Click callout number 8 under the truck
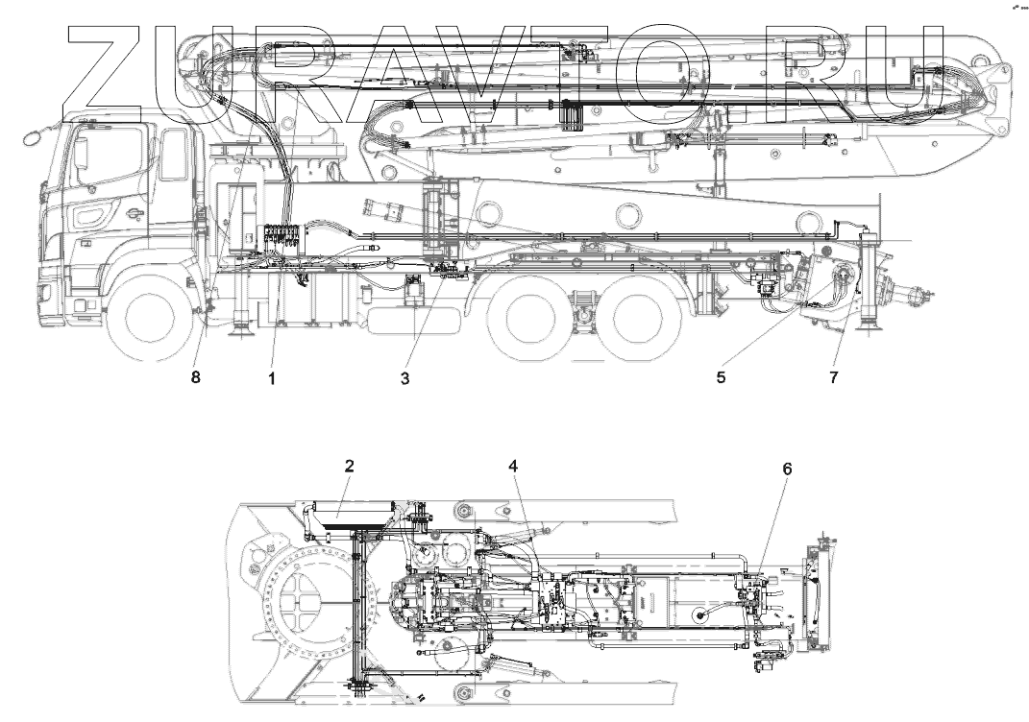pyautogui.click(x=196, y=378)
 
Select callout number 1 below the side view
pyautogui.click(x=272, y=379)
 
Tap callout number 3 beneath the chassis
pyautogui.click(x=405, y=379)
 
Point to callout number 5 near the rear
pyautogui.click(x=721, y=378)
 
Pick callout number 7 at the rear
pyautogui.click(x=833, y=378)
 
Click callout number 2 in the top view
pyautogui.click(x=350, y=467)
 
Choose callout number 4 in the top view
pyautogui.click(x=514, y=467)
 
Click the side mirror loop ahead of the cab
pyautogui.click(x=33, y=137)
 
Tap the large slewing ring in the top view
pyautogui.click(x=300, y=605)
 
